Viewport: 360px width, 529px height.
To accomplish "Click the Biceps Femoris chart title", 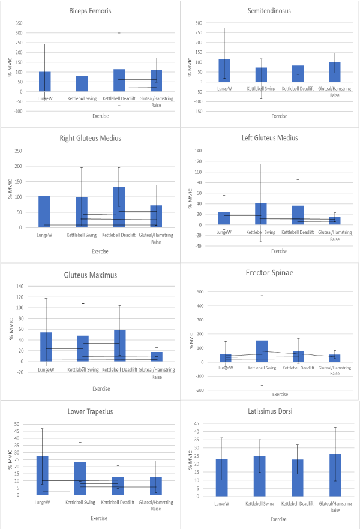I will coord(89,11).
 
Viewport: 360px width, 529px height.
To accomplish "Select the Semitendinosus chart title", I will coord(269,11).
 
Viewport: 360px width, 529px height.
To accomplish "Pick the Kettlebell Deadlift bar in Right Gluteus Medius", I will coord(118,207).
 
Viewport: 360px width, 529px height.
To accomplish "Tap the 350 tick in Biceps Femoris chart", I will coord(18,23).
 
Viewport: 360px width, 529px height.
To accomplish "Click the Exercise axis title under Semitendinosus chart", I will coord(278,116).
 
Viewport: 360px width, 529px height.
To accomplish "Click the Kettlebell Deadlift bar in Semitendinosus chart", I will coord(298,73).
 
